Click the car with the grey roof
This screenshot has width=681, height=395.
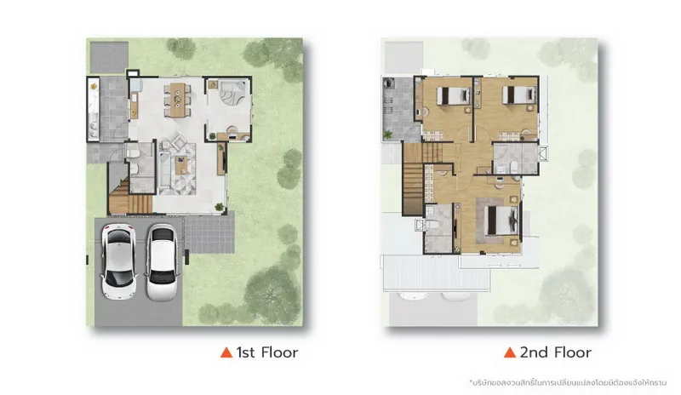click(118, 261)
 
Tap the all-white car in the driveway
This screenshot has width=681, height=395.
click(162, 262)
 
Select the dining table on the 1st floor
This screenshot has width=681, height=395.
click(177, 100)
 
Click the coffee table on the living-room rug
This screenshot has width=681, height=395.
click(181, 165)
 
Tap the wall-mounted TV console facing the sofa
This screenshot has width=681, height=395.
click(221, 159)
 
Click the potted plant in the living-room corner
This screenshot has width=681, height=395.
click(220, 207)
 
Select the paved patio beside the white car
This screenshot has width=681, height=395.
click(209, 232)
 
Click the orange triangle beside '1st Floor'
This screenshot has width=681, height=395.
click(226, 352)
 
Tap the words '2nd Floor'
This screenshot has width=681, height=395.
click(556, 352)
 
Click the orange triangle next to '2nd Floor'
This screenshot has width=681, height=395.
click(510, 352)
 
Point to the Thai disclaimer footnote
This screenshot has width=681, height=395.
click(568, 383)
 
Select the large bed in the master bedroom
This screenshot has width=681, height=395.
click(502, 220)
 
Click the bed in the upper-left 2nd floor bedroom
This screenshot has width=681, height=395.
click(453, 95)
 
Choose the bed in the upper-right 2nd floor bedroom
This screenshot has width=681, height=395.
click(519, 94)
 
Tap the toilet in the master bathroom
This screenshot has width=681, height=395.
click(432, 224)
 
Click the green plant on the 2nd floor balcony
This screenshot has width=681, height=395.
click(387, 135)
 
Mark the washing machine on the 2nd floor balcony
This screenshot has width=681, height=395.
click(388, 83)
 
